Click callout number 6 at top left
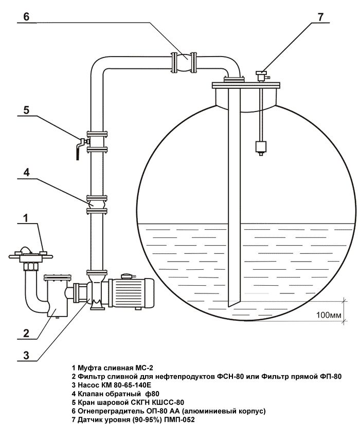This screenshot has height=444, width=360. coord(26,17)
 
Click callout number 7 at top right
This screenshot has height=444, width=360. coord(320,17)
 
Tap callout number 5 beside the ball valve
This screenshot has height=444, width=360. coord(26,109)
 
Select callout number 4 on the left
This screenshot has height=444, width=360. coord(26,172)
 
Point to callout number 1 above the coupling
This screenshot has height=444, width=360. coord(26,218)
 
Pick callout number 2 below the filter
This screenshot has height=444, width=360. coord(26,332)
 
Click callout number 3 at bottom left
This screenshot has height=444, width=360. coord(26,355)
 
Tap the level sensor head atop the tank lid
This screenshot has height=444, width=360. coord(261,76)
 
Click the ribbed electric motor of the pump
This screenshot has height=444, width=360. coord(131,293)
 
